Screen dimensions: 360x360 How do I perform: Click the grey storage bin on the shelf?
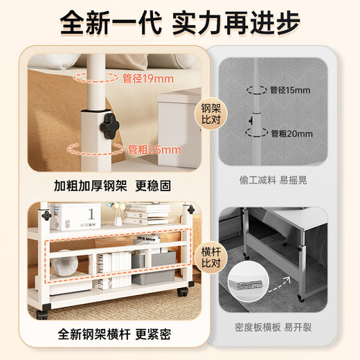coord(154,268)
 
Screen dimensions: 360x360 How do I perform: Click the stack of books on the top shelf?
coord(146,213)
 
